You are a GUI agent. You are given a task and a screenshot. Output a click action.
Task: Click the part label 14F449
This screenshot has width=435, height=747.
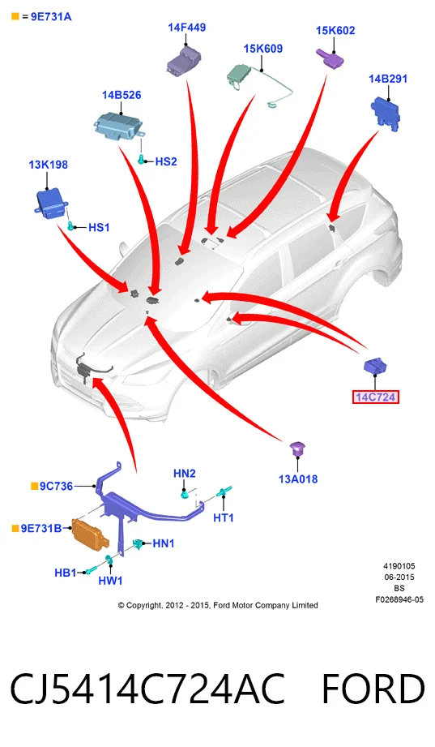click(186, 28)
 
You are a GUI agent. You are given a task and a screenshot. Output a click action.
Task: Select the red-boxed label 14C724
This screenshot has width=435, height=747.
click(376, 397)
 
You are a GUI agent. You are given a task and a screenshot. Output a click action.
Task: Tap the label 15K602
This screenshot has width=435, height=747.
click(335, 31)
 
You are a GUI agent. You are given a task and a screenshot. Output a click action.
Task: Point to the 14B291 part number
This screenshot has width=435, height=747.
click(388, 79)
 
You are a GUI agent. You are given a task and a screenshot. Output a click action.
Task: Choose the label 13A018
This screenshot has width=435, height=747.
click(298, 479)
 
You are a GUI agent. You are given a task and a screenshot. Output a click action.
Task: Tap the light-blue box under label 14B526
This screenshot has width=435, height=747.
click(118, 127)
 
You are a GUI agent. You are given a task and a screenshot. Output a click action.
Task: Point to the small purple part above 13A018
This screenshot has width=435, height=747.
click(297, 448)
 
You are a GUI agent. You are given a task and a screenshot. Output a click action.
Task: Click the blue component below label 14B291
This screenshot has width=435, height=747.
click(385, 113)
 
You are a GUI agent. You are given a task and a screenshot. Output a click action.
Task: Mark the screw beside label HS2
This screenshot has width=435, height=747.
click(141, 159)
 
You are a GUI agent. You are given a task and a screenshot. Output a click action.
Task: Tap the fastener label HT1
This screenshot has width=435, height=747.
click(224, 517)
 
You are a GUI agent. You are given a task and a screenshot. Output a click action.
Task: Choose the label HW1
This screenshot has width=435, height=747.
click(110, 580)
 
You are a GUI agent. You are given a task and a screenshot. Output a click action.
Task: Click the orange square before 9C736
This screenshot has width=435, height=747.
click(34, 486)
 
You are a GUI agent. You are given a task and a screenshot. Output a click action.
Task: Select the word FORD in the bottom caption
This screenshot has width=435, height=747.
click(373, 689)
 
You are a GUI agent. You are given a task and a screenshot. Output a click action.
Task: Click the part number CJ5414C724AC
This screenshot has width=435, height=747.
click(147, 689)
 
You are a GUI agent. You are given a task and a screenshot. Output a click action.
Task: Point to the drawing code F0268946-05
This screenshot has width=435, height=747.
click(399, 599)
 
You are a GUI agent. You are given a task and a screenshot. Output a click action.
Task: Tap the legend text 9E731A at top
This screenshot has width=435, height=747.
click(51, 17)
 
